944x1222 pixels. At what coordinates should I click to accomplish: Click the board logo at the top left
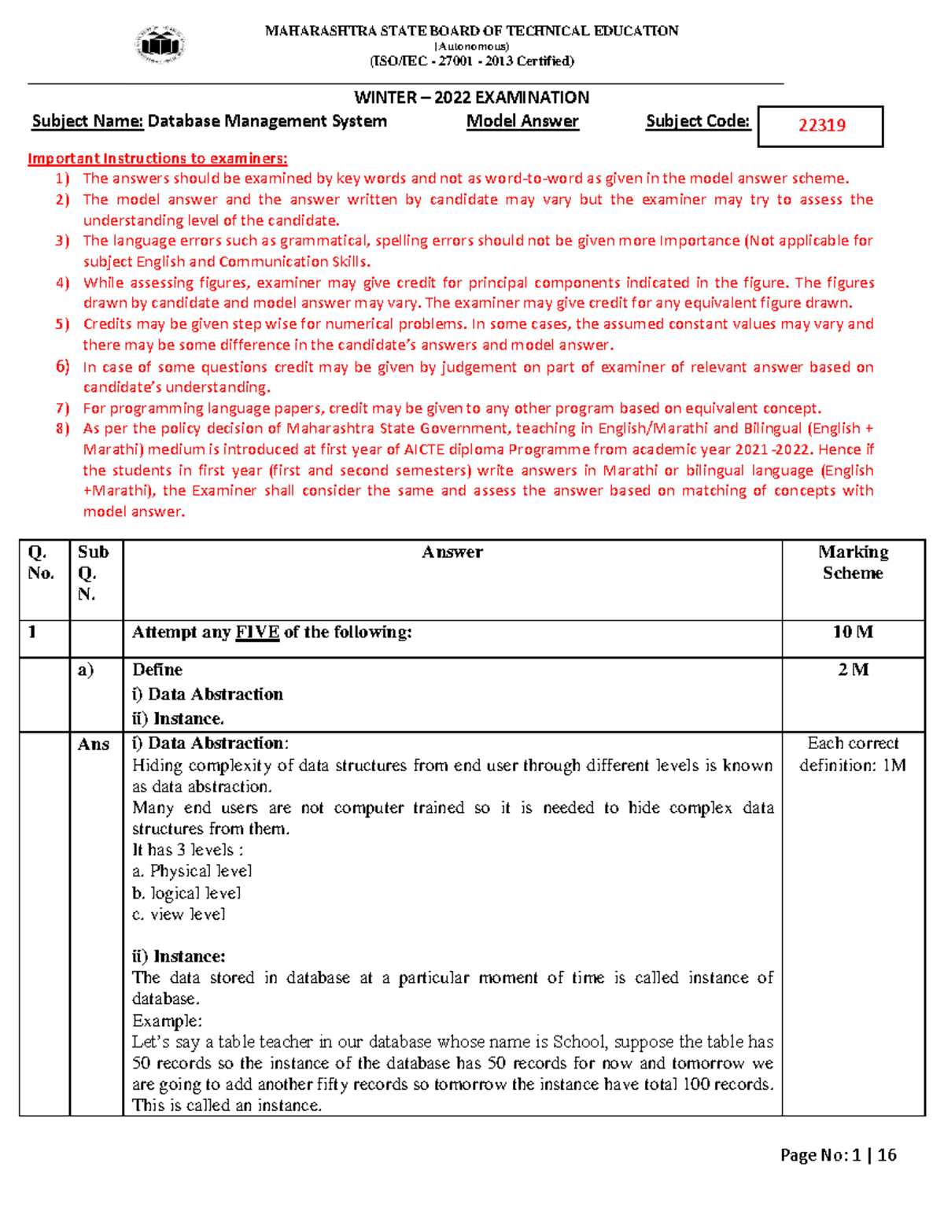click(x=161, y=45)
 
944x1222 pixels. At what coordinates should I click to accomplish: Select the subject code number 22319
click(x=821, y=126)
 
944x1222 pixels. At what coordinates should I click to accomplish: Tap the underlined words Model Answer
click(x=522, y=121)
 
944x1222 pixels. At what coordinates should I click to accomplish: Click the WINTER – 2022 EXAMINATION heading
click(x=471, y=98)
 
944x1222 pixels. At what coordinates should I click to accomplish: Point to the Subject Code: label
click(x=698, y=121)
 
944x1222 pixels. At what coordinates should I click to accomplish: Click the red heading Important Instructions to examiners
click(x=157, y=158)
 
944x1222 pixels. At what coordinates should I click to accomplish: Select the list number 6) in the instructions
click(x=63, y=367)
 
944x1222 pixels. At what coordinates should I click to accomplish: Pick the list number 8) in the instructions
click(x=63, y=429)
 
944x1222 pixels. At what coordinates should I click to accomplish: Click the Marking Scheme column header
click(x=853, y=563)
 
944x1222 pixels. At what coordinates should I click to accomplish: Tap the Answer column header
click(x=452, y=552)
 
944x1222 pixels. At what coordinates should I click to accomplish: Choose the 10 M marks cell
click(x=853, y=632)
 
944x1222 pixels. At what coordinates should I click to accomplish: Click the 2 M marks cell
click(x=853, y=670)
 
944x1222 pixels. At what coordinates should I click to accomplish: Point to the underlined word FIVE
click(x=257, y=633)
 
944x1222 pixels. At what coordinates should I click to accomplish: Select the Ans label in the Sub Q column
click(x=94, y=744)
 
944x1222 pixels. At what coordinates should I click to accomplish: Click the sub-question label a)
click(x=85, y=670)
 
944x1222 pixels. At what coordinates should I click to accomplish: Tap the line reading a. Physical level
click(x=192, y=871)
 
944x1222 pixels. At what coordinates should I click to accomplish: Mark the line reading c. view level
click(x=179, y=914)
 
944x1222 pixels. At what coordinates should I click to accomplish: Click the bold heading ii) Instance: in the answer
click(x=179, y=957)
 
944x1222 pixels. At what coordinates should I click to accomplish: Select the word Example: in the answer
click(x=167, y=1021)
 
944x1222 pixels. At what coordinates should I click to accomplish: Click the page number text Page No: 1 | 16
click(x=838, y=1155)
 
